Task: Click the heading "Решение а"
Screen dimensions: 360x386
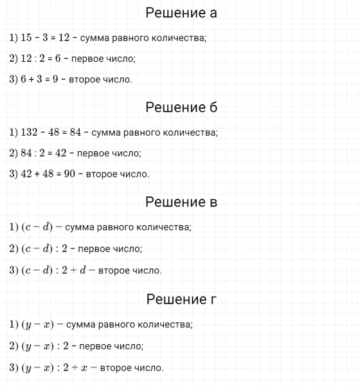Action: click(x=181, y=14)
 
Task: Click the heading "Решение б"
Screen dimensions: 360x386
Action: click(x=181, y=107)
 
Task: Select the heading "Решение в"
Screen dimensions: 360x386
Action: click(x=181, y=202)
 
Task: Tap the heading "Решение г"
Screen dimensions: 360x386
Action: click(x=181, y=299)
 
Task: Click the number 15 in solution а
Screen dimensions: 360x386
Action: click(x=26, y=38)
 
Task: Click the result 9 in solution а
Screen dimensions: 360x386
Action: click(x=56, y=80)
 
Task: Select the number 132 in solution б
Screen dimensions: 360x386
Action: click(x=30, y=133)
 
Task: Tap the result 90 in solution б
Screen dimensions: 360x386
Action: click(x=70, y=174)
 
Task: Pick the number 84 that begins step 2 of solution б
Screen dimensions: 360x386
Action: click(x=26, y=154)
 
